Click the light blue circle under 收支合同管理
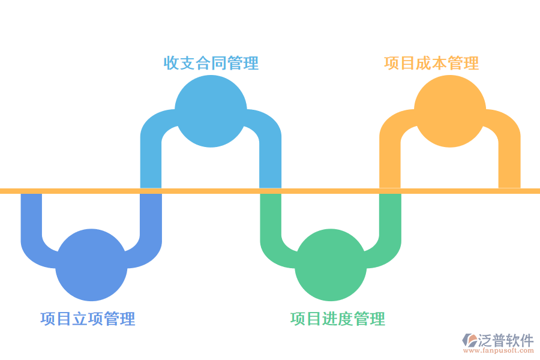coord(211,112)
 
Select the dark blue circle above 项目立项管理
coord(91,265)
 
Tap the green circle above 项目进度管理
coord(331,265)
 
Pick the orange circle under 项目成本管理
coord(449,112)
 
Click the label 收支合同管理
coord(211,63)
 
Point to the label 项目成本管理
coord(431,63)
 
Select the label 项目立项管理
coord(88,319)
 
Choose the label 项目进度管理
coord(337,319)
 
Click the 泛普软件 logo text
coord(506,340)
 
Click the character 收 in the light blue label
coord(172,63)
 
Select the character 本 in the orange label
coord(439,63)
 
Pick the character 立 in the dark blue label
coord(80,319)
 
